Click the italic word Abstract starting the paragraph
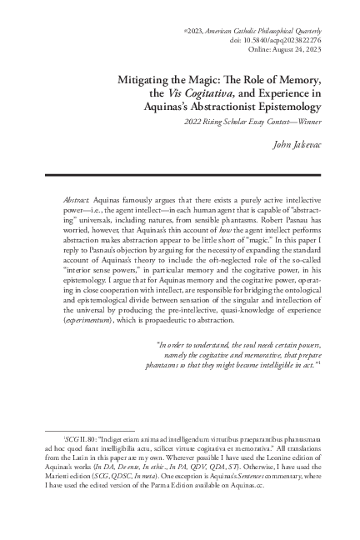coord(77,202)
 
